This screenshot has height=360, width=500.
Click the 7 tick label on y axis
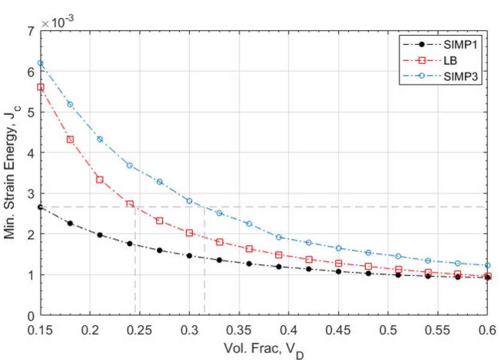pyautogui.click(x=31, y=32)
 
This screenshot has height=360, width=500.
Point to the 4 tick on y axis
pyautogui.click(x=31, y=153)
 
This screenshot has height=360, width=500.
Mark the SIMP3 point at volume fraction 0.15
pyautogui.click(x=40, y=63)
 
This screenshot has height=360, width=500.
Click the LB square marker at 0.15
pyautogui.click(x=40, y=87)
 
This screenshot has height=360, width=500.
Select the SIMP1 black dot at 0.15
pyautogui.click(x=40, y=207)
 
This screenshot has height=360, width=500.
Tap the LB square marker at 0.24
pyautogui.click(x=130, y=204)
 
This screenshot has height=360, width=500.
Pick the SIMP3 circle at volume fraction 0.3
pyautogui.click(x=189, y=201)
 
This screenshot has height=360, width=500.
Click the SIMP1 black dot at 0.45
pyautogui.click(x=338, y=271)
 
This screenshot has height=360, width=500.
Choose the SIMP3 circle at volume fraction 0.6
pyautogui.click(x=487, y=265)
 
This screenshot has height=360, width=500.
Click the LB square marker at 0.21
pyautogui.click(x=99, y=180)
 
